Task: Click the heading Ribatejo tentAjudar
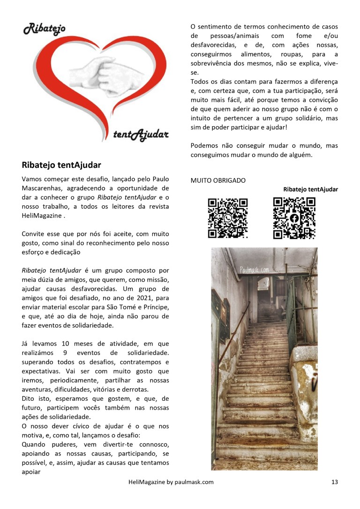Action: pos(61,165)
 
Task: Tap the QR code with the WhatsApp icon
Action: pos(227,218)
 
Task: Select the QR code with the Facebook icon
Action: pos(294,218)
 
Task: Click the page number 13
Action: pos(334,482)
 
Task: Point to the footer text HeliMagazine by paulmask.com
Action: pos(171,482)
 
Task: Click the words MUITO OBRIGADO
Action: pos(218,180)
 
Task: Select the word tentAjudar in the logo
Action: pos(141,135)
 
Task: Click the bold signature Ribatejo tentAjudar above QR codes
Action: pos(310,189)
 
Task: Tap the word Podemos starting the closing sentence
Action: pos(206,146)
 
